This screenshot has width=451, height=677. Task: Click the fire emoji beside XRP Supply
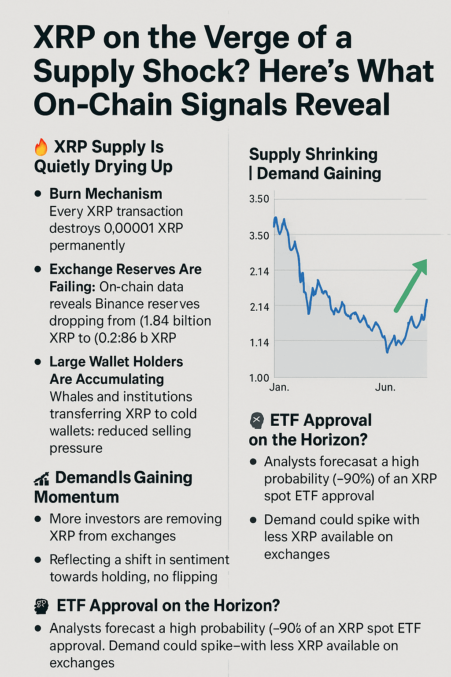41,147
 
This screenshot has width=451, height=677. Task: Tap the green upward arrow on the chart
411,285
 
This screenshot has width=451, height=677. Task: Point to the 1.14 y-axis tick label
259,342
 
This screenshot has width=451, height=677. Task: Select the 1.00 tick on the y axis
259,378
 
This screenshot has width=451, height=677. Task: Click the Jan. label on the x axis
279,387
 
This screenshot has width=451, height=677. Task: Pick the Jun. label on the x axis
385,387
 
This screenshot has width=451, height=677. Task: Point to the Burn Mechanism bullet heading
106,194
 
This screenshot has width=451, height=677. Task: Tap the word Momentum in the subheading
77,497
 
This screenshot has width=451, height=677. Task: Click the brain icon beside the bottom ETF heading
41,606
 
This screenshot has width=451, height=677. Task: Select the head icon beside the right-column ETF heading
257,421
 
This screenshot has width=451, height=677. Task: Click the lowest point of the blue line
388,352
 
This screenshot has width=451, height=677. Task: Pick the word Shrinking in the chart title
341,155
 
